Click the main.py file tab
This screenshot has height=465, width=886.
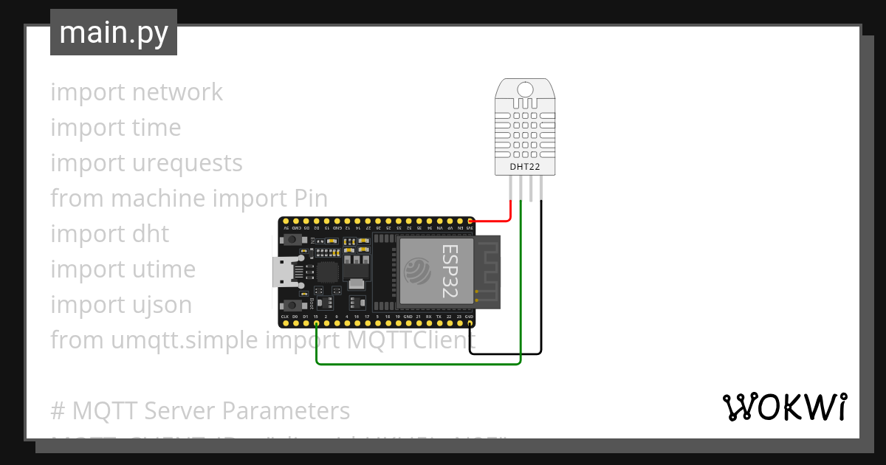[x=113, y=32]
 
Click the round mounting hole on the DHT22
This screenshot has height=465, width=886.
[x=524, y=89]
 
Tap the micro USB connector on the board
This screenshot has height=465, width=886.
[x=283, y=272]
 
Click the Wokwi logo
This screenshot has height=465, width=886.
[x=783, y=407]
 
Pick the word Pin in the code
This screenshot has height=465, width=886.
[x=306, y=199]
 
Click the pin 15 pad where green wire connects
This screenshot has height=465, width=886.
[x=316, y=324]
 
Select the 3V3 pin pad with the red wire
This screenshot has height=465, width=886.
[x=471, y=220]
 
